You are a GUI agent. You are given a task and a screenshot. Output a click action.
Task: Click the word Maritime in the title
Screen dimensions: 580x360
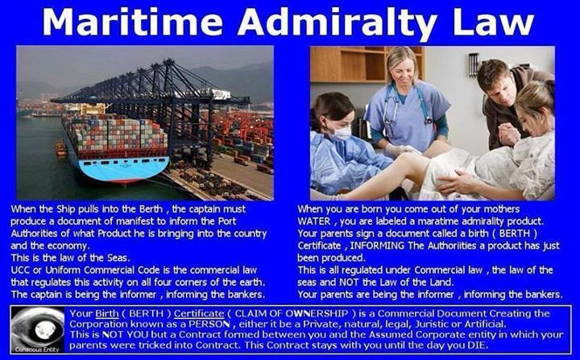click(x=132, y=22)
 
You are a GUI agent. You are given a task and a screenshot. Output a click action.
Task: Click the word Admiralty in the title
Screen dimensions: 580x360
click(x=337, y=23)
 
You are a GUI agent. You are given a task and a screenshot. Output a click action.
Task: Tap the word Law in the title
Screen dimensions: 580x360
click(x=493, y=22)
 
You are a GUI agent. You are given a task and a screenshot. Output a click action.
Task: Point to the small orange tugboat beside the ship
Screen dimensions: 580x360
click(x=61, y=148)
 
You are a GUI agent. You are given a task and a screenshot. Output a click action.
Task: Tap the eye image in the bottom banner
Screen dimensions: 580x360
click(x=37, y=329)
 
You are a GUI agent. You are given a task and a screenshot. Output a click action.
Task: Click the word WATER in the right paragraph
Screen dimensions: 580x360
click(x=313, y=221)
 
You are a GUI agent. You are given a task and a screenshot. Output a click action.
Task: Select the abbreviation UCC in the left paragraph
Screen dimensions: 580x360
click(x=20, y=270)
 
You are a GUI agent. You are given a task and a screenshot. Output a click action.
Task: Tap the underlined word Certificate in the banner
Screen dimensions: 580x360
click(x=199, y=314)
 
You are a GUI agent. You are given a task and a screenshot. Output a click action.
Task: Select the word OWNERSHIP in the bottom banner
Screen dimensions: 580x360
click(x=317, y=313)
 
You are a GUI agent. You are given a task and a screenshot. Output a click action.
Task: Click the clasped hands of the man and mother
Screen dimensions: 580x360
click(x=509, y=134)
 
